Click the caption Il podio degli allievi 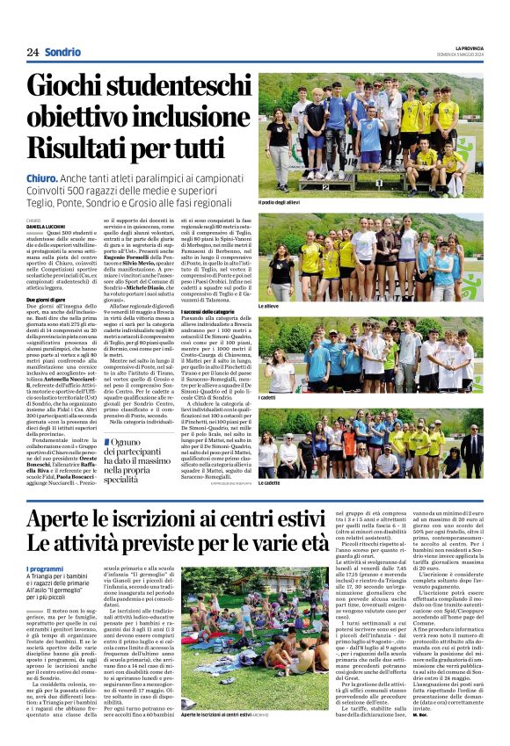(x=280, y=203)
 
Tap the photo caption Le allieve (x=268, y=306)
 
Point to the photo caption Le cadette (x=268, y=482)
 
